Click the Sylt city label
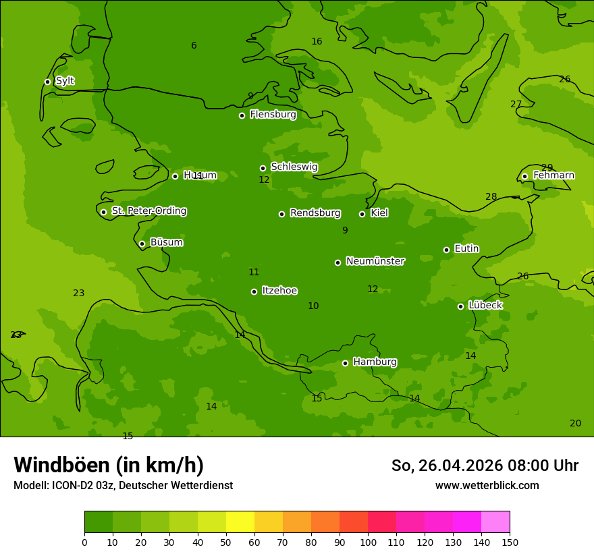[65, 81]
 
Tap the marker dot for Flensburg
[242, 115]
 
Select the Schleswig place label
[294, 167]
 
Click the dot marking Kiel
[362, 214]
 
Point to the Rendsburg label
[315, 213]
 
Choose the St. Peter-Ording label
[148, 211]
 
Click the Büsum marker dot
[142, 244]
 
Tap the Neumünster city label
[375, 261]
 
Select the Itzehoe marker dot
[254, 291]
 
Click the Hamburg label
[375, 362]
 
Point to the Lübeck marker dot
[460, 306]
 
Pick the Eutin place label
[466, 248]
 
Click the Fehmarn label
[553, 175]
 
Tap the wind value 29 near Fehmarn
[547, 167]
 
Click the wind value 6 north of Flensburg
[194, 46]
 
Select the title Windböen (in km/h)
[109, 465]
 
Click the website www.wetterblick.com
[487, 485]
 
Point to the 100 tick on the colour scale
[368, 542]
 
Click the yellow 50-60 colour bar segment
[240, 522]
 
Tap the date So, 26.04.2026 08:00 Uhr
[485, 466]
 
